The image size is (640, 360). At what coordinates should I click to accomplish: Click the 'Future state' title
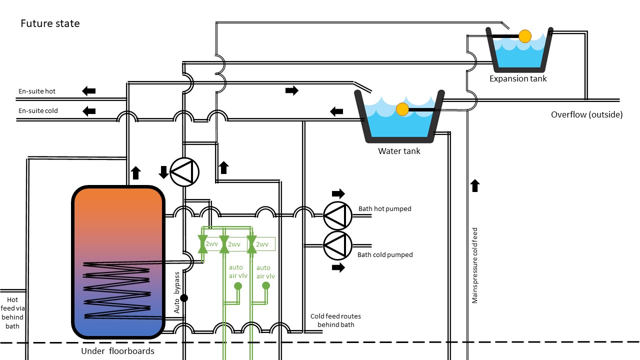[x=50, y=23]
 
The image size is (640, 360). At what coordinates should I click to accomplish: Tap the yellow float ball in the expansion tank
[x=524, y=36]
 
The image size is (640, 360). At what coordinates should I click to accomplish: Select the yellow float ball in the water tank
[x=402, y=109]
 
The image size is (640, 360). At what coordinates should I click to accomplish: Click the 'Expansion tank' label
[x=518, y=78]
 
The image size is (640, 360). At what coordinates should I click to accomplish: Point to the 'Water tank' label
[x=399, y=150]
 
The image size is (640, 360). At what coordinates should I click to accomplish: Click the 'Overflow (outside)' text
[x=586, y=114]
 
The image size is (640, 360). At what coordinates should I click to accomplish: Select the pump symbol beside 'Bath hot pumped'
[x=337, y=215]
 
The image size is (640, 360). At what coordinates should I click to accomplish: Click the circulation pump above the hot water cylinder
[x=184, y=172]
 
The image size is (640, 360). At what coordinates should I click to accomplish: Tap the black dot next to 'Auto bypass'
[x=184, y=298]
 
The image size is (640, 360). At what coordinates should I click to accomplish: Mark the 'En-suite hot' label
[x=37, y=91]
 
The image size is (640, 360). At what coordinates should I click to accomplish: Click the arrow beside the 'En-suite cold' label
[x=89, y=110]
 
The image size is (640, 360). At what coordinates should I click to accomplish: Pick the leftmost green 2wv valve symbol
[x=203, y=244]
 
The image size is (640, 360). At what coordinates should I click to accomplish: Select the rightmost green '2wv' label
[x=263, y=244]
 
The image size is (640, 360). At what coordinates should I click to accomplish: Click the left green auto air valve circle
[x=238, y=286]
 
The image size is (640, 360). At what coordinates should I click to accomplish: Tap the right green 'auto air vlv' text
[x=265, y=272]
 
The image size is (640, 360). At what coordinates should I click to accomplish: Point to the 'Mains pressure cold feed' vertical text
[x=475, y=265]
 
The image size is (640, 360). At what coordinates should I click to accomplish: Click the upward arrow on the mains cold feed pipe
[x=475, y=186]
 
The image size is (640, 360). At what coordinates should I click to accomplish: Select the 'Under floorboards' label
[x=117, y=351]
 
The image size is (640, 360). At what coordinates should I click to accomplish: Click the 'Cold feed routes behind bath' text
[x=335, y=320]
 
